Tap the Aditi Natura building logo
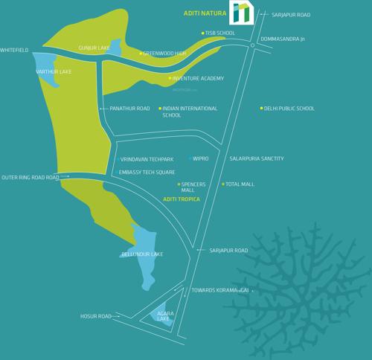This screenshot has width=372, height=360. [241, 13]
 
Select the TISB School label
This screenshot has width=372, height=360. [220, 33]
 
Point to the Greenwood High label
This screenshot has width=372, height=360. [164, 54]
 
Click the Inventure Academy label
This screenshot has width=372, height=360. [198, 78]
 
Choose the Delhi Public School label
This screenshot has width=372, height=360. [289, 109]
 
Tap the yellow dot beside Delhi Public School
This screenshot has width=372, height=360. [261, 109]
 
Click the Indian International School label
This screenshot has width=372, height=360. [190, 112]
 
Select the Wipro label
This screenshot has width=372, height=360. [201, 158]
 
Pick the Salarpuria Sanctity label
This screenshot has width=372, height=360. [257, 158]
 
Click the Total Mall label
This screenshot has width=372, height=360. [240, 184]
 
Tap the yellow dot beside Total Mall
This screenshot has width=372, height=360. [222, 184]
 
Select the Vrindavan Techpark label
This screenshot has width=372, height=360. [147, 159]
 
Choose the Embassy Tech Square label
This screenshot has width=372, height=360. [147, 173]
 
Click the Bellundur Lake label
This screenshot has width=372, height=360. [142, 254]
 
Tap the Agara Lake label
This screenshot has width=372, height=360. [165, 316]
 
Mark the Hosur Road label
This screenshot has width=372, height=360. [95, 316]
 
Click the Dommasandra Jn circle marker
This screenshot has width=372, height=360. [253, 46]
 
